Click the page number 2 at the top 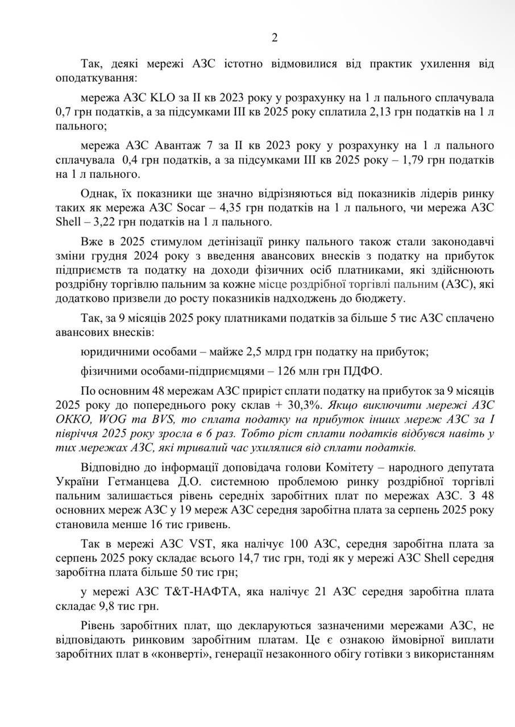coord(275,38)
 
